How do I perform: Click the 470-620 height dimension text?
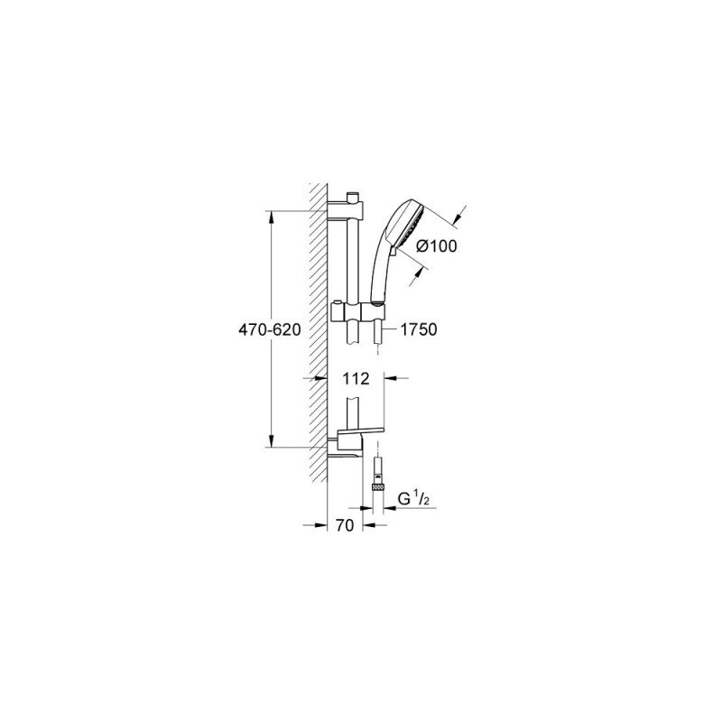tap(269, 329)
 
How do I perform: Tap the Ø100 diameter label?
tap(437, 246)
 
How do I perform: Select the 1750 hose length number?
tap(418, 329)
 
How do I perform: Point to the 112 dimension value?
tap(356, 378)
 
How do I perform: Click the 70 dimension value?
tap(345, 525)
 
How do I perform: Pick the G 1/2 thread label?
tap(413, 499)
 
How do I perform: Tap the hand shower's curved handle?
tap(382, 273)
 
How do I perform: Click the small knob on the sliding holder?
tap(338, 302)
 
